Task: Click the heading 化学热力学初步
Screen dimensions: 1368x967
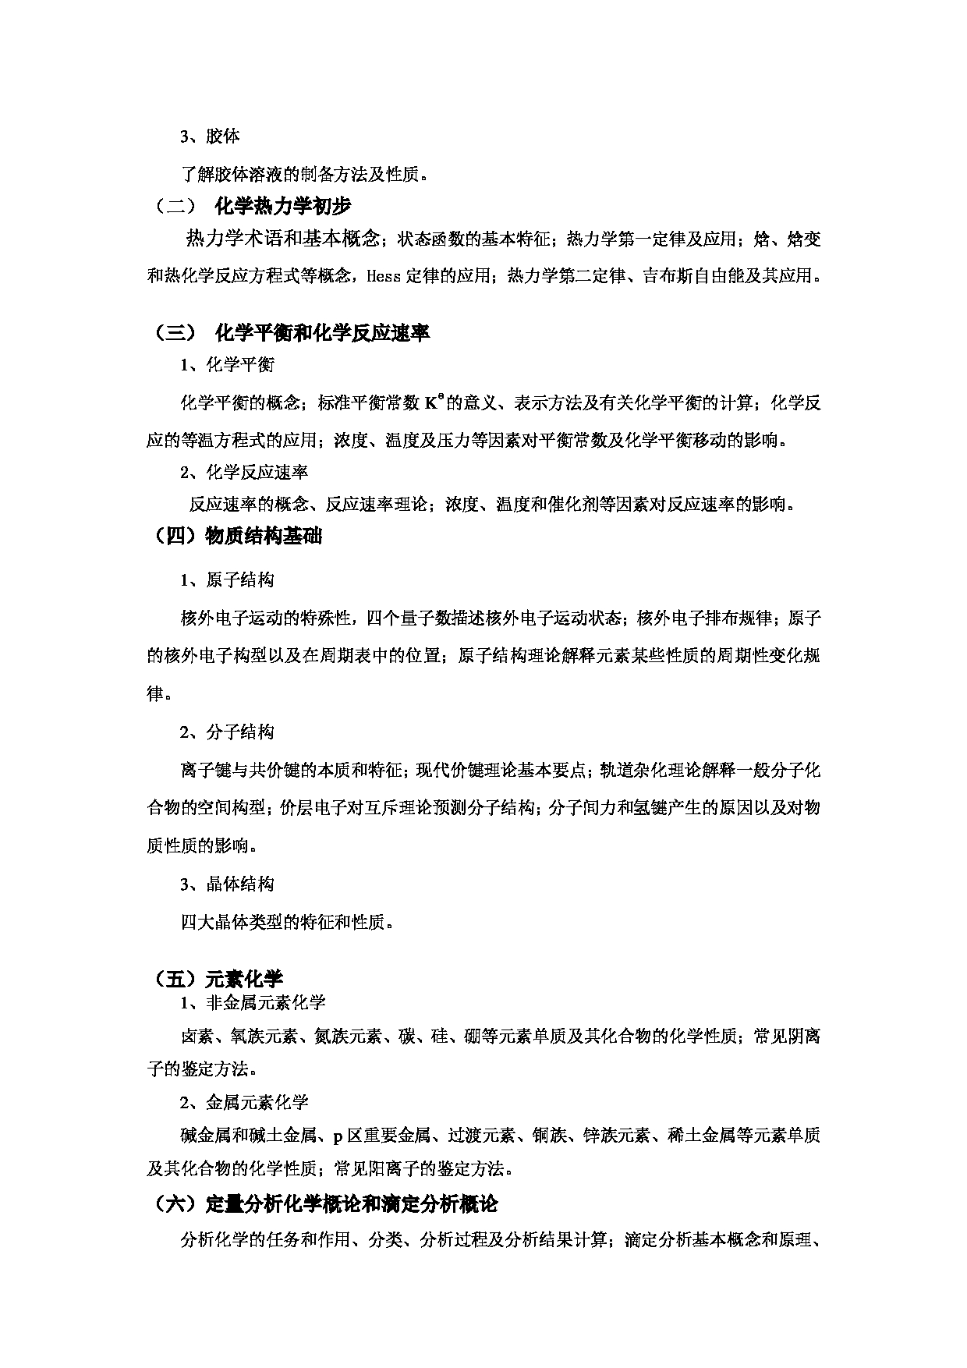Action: (282, 206)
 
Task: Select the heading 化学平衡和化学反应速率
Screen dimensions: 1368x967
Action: (322, 333)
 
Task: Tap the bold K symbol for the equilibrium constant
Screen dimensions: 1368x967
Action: (431, 403)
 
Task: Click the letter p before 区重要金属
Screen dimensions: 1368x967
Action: (338, 1136)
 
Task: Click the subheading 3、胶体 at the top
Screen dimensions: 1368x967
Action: (210, 136)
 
